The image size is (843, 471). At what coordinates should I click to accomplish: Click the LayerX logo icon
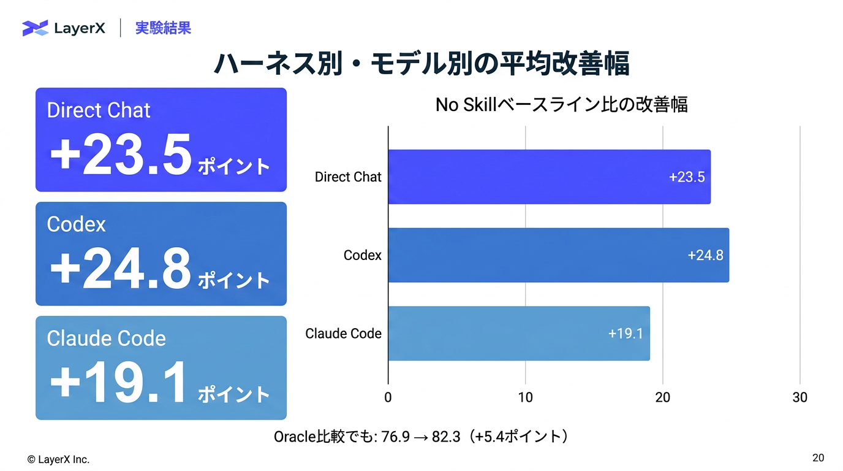pos(36,28)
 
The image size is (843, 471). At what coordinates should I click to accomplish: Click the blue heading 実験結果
pos(164,28)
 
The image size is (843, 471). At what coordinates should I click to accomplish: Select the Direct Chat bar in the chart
pos(550,177)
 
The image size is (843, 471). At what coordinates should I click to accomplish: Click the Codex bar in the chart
pos(559,255)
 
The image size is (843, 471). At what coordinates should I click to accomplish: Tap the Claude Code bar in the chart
pos(519,334)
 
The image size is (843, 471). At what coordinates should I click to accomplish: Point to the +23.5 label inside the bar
pos(687,177)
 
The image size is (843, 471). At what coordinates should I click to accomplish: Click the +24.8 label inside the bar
pos(705,256)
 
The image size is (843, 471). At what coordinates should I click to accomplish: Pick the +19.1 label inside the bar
pos(626,334)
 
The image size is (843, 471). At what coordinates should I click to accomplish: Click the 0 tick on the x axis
pos(388,397)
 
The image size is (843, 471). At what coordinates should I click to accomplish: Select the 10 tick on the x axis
pos(526,397)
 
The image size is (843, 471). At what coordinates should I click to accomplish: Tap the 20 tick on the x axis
pos(663,397)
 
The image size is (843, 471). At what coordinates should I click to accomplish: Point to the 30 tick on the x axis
pos(800,397)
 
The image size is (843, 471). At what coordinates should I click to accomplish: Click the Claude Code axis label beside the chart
pos(343,334)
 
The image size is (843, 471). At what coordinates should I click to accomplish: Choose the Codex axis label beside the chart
pos(363,255)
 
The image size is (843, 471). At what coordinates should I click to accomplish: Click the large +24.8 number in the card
pos(121,269)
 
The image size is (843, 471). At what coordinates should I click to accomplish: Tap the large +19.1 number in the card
pos(118,383)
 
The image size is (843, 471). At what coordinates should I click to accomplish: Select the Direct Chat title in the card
pos(99,110)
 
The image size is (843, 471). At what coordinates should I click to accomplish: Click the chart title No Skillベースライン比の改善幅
pos(562,105)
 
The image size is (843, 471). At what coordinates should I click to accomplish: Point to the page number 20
pos(818,458)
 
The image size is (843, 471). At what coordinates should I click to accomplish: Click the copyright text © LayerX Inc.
pos(58,460)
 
